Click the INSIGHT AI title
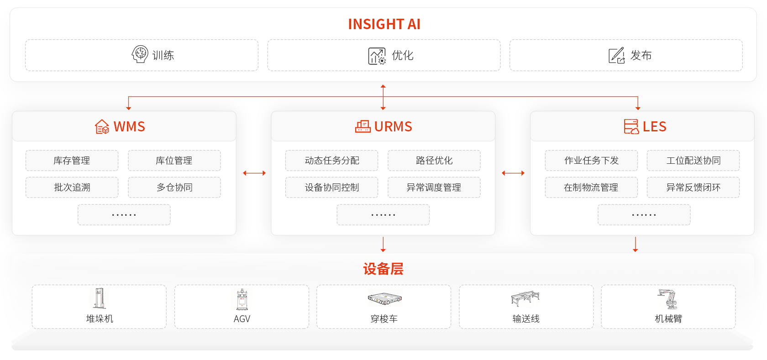(384, 24)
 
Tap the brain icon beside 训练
(140, 54)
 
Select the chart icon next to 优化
(377, 56)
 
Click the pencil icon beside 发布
(617, 56)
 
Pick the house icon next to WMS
(102, 127)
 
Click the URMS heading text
(393, 127)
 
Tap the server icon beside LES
(631, 127)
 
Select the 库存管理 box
(72, 161)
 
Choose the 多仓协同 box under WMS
(174, 187)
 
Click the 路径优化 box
(434, 161)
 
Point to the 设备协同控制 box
(331, 187)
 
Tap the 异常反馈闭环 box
(693, 187)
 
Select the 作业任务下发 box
(591, 161)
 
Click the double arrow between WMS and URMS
(254, 173)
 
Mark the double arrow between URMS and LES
(513, 173)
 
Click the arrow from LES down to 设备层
(635, 245)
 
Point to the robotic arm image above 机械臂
(667, 299)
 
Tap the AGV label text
(242, 319)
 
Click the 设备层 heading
(383, 269)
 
